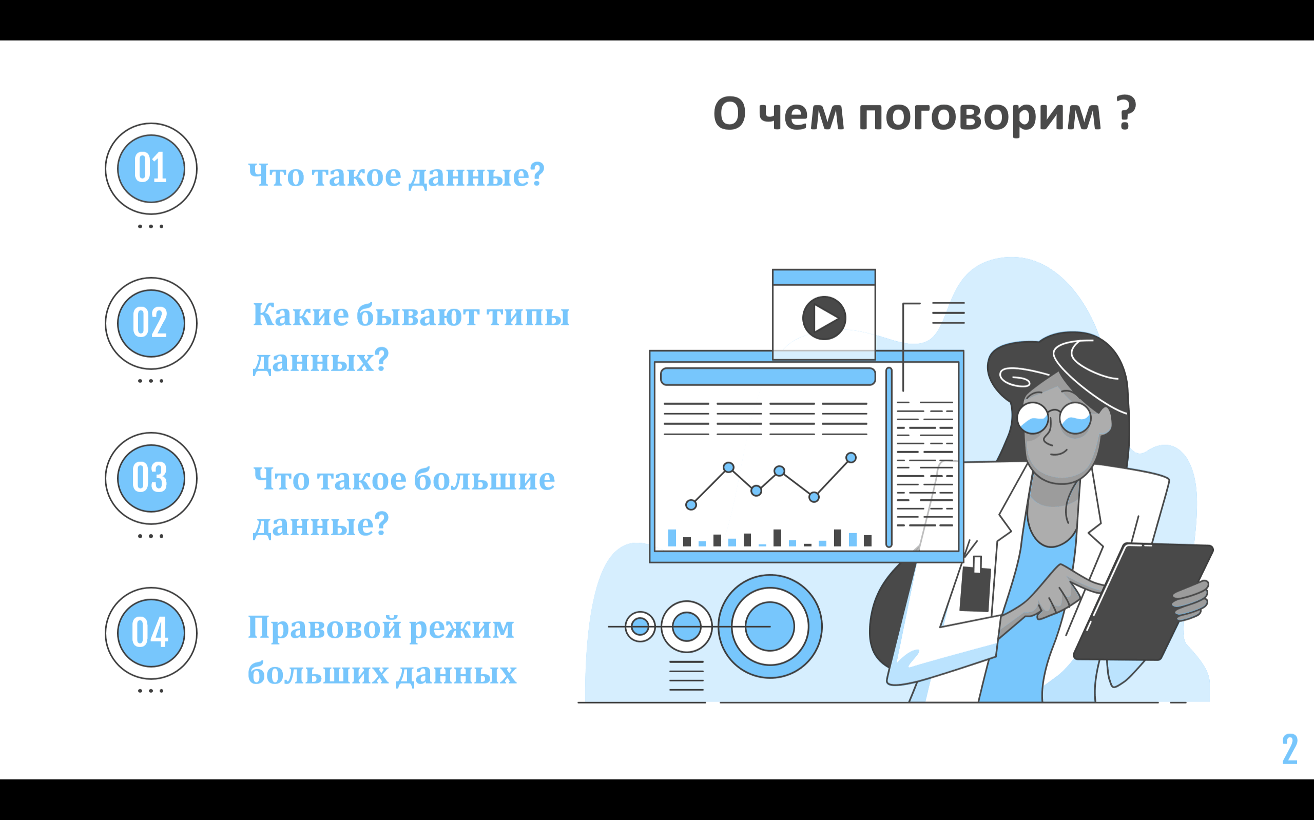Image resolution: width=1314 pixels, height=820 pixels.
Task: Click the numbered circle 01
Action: click(151, 169)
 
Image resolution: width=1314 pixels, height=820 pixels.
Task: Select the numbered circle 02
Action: click(151, 324)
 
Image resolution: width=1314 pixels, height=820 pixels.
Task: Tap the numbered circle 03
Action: click(151, 478)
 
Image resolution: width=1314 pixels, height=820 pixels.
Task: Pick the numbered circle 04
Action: click(151, 633)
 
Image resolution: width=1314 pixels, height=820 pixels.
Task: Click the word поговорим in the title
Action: click(980, 115)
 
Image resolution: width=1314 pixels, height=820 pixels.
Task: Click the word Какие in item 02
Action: click(301, 315)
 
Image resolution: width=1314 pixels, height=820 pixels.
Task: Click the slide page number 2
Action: click(1289, 749)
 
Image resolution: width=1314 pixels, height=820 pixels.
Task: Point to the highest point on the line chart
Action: click(851, 458)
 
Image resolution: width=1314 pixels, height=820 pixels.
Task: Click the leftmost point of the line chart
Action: click(691, 505)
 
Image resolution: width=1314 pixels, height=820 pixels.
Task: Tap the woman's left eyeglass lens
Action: click(1033, 418)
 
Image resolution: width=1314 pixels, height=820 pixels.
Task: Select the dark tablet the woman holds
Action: click(1143, 601)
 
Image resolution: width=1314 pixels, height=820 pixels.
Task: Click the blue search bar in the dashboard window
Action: click(768, 376)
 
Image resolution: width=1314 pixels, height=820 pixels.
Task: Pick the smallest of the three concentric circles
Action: click(640, 627)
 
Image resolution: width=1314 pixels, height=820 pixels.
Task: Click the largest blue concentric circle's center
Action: click(770, 627)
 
